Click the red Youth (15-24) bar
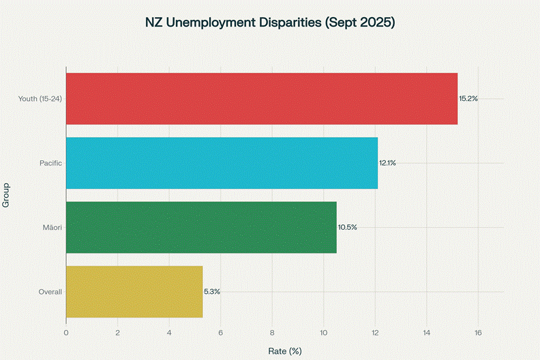262,98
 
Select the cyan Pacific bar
222,163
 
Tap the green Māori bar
201,227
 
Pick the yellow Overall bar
134,291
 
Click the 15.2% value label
468,99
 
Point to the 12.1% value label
387,163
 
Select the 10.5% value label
347,227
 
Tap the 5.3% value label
212,291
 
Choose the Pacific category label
51,163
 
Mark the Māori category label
52,227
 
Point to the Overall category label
50,291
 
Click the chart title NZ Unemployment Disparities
270,22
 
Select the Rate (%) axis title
285,350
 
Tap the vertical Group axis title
6,195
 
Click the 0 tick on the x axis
66,333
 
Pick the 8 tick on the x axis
272,333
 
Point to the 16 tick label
478,333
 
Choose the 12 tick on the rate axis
375,333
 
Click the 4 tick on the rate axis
169,333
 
